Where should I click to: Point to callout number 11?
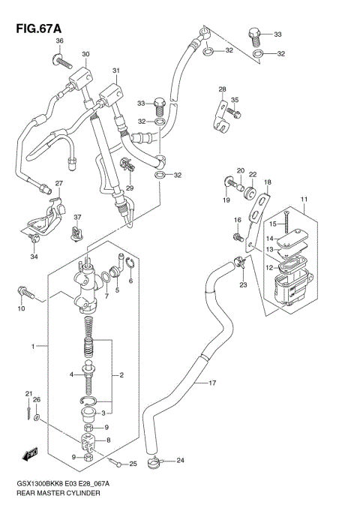tap(304, 199)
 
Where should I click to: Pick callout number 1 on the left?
tap(33, 346)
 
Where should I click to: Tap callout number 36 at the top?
tap(60, 41)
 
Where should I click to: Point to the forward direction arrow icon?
tap(31, 453)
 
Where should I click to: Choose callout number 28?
tap(222, 90)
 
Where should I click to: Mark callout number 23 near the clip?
tap(242, 285)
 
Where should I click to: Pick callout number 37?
tap(76, 218)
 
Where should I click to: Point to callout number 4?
tap(72, 374)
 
